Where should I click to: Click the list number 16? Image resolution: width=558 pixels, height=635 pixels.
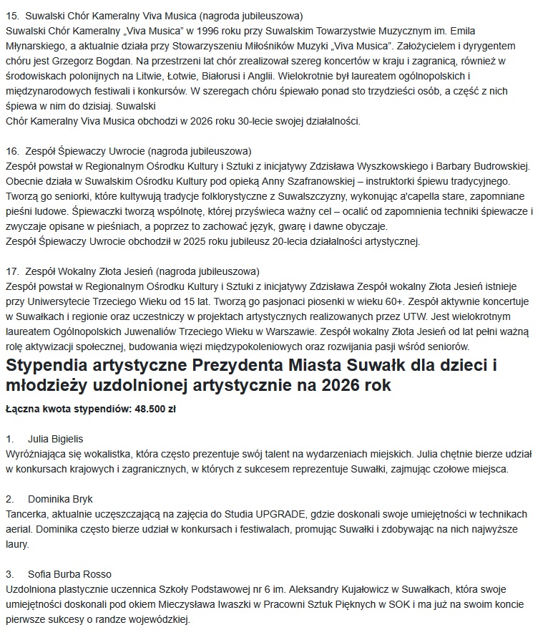pos(11,151)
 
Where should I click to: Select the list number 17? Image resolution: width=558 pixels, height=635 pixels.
pos(11,271)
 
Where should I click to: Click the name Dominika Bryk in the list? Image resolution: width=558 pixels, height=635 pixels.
pos(60,498)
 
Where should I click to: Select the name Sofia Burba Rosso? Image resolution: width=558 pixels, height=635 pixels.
pos(69,574)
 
